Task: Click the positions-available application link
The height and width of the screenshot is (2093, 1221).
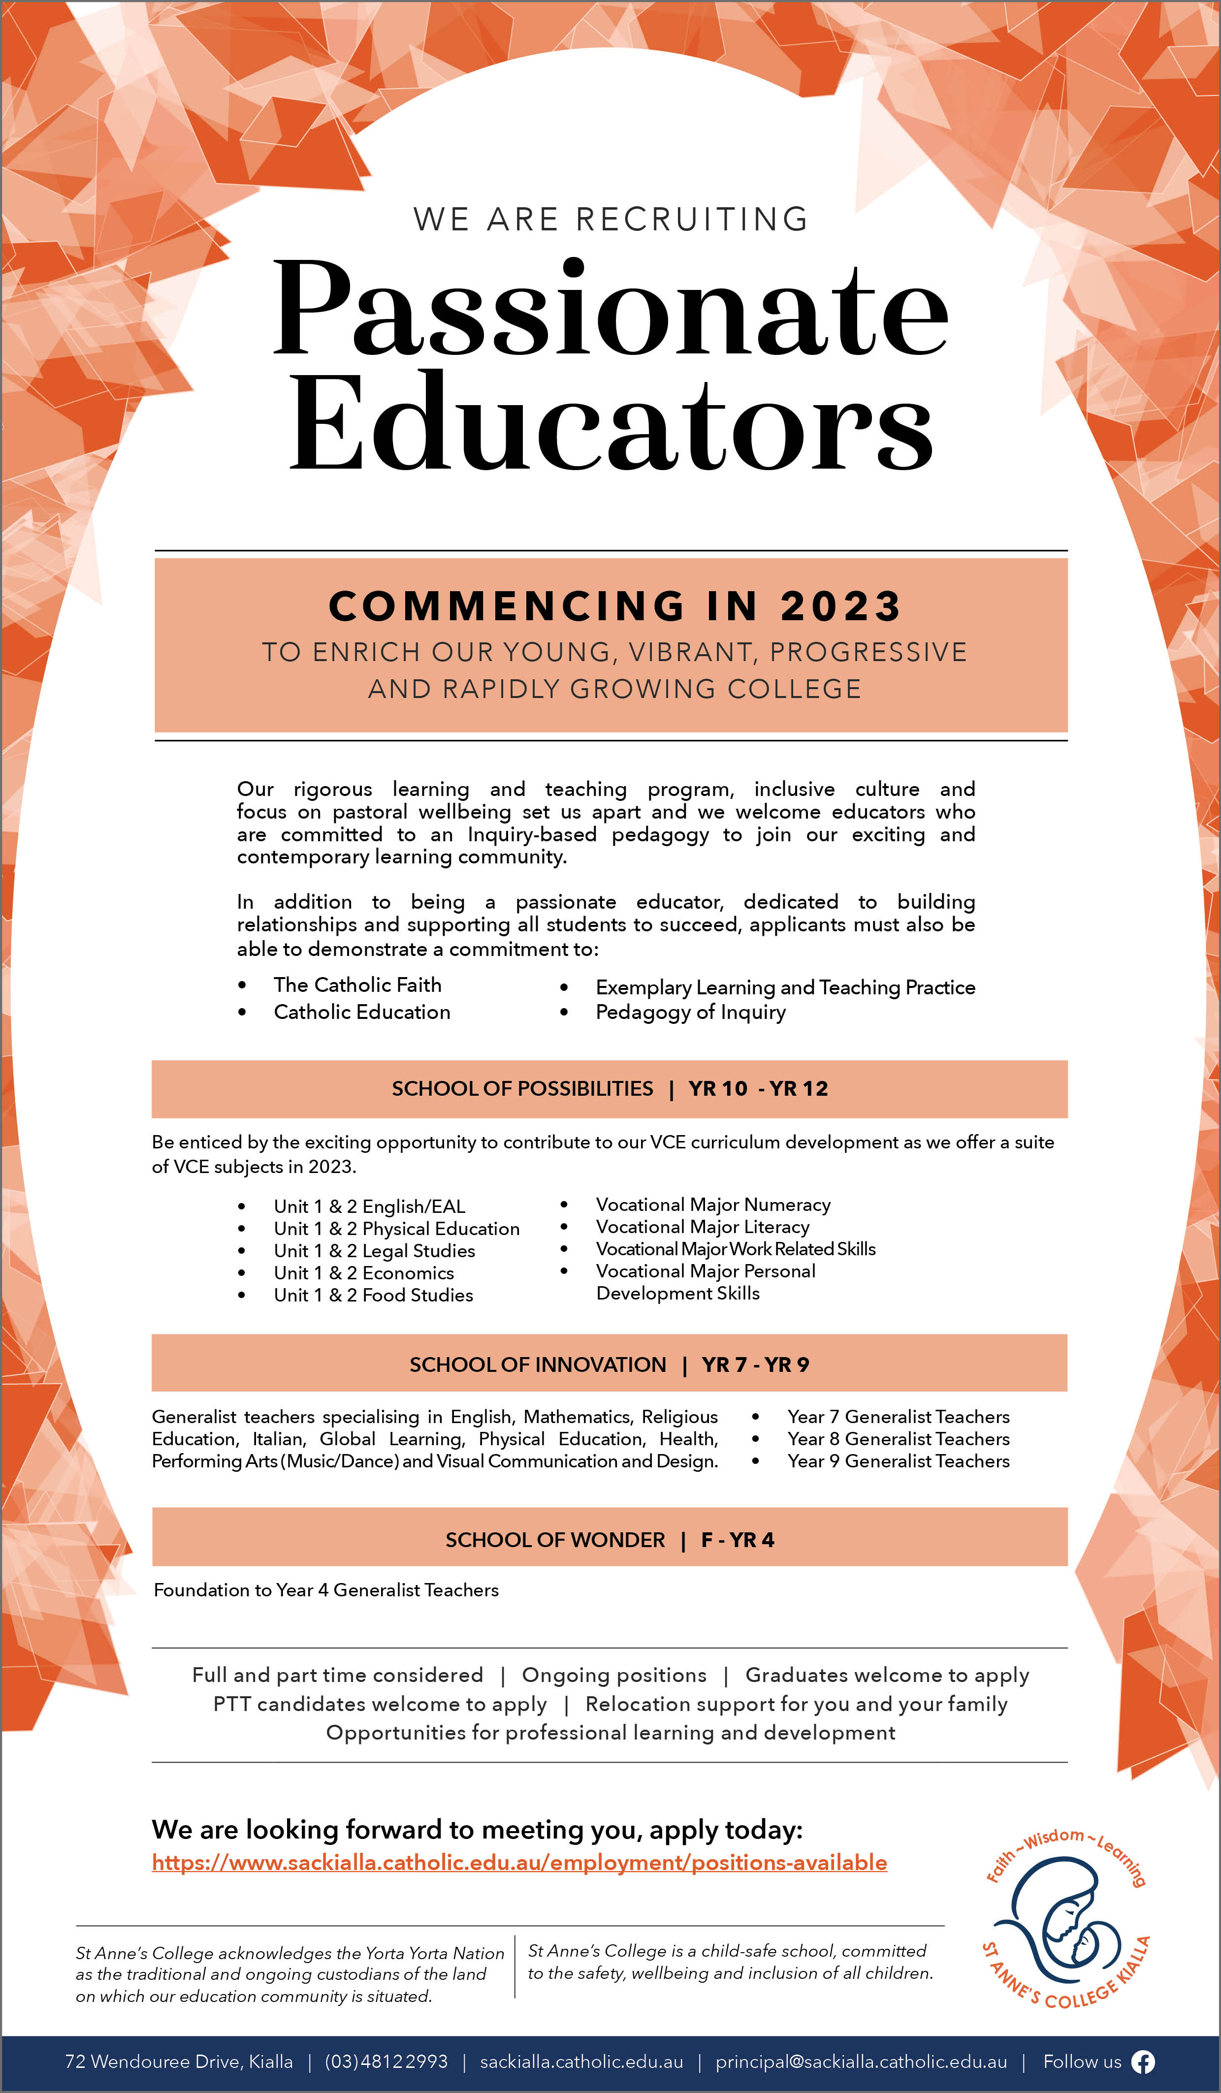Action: tap(519, 1863)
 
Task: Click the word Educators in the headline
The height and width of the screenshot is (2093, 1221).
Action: tap(610, 424)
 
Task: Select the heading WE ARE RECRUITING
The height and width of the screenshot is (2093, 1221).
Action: tap(610, 219)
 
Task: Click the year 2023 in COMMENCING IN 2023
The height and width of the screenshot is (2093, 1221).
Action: tap(840, 606)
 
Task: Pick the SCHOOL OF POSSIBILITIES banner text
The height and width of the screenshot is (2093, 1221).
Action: tap(522, 1089)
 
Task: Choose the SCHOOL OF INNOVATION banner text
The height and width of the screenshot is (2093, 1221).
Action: tap(538, 1364)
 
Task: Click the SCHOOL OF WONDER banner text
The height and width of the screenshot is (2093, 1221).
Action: tap(555, 1540)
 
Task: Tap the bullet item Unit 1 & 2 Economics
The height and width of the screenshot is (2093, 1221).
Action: tap(364, 1273)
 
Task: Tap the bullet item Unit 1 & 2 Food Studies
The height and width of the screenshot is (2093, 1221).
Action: tap(374, 1295)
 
